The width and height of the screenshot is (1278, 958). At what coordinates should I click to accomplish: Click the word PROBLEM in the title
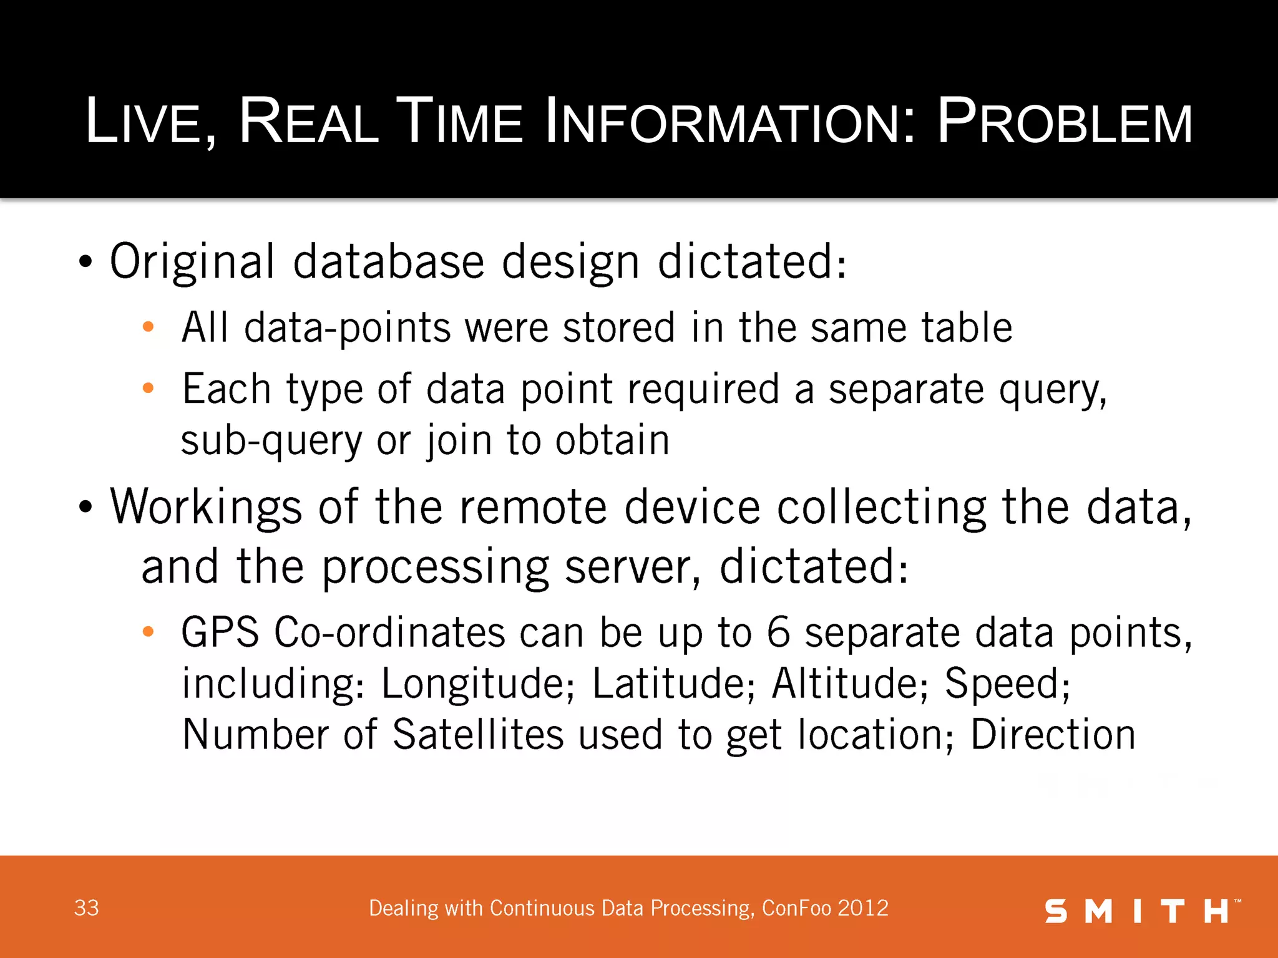coord(1065,122)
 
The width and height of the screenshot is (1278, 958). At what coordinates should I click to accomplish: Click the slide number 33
coord(86,908)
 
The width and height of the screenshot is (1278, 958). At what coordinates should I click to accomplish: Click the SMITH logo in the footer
coord(1142,911)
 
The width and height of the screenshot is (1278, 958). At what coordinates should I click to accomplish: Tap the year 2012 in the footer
coord(863,908)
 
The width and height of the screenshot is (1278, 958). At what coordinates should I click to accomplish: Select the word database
coord(388,262)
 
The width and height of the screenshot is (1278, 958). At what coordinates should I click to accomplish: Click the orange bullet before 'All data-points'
coord(148,327)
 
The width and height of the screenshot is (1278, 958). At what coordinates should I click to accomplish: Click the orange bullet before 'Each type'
coord(148,388)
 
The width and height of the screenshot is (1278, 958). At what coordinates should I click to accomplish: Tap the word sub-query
coord(271,440)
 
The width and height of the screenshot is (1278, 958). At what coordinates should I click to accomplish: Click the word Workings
coord(206,506)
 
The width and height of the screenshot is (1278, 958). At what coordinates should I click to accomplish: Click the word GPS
coord(220,632)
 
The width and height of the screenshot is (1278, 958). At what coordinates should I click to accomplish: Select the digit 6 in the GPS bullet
coord(778,632)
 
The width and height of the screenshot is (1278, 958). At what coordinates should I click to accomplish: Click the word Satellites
coord(478,734)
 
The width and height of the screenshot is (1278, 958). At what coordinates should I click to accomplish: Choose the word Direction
coord(1053,734)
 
